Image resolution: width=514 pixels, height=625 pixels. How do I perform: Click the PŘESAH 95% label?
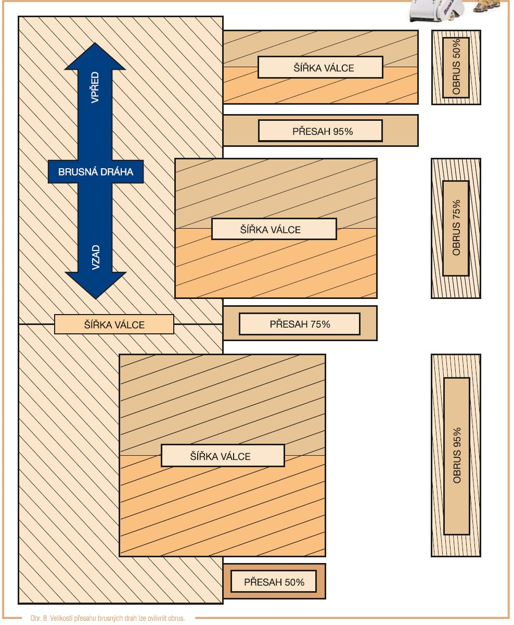coord(320,131)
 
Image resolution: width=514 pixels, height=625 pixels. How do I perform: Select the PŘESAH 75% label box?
coord(299,324)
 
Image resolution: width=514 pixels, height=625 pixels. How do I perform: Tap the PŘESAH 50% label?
coord(274,582)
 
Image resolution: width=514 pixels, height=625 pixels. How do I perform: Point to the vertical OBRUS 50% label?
coord(456,67)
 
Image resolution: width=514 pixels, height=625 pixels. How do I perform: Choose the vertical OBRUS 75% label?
coord(456,228)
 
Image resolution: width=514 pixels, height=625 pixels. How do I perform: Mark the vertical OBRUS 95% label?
coord(457,456)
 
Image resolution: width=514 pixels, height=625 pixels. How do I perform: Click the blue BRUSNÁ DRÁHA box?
coord(96,172)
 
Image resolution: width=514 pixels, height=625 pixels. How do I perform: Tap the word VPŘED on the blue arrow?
coord(95,87)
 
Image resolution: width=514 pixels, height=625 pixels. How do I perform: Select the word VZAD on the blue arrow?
coord(96,257)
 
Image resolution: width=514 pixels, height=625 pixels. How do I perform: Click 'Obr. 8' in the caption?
coord(39,619)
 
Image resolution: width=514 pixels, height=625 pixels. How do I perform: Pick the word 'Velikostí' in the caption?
coord(62,619)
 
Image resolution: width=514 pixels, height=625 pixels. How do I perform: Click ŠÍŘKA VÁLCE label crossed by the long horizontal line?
coord(114,324)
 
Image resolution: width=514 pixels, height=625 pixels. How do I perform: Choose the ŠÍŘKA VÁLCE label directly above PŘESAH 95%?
coord(320,67)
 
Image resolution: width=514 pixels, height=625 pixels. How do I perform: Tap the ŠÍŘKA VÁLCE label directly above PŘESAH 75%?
coord(274,229)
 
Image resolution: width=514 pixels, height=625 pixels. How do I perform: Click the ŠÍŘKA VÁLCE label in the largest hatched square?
coord(223,456)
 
